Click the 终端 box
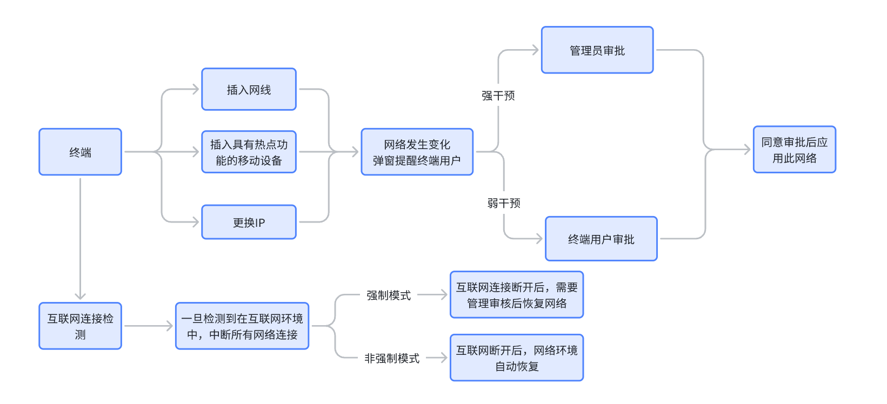[x=81, y=152]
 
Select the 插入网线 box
[x=249, y=89]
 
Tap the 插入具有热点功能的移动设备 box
[x=249, y=152]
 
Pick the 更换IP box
[x=249, y=222]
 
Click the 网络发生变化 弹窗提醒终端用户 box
[x=417, y=152]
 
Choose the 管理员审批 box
[x=597, y=50]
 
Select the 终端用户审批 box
[x=601, y=239]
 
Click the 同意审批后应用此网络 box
[x=795, y=150]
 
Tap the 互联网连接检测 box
[x=81, y=326]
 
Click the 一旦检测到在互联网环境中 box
[x=242, y=326]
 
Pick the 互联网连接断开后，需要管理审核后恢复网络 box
[x=517, y=295]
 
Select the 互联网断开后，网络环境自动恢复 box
[x=517, y=358]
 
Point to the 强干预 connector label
[x=498, y=96]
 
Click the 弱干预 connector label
[x=504, y=204]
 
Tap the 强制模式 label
[x=389, y=295]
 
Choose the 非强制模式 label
[x=392, y=358]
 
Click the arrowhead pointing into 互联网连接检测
[x=81, y=296]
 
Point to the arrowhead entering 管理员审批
[x=535, y=50]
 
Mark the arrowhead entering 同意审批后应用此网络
[x=747, y=150]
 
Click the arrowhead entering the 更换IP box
[x=196, y=222]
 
